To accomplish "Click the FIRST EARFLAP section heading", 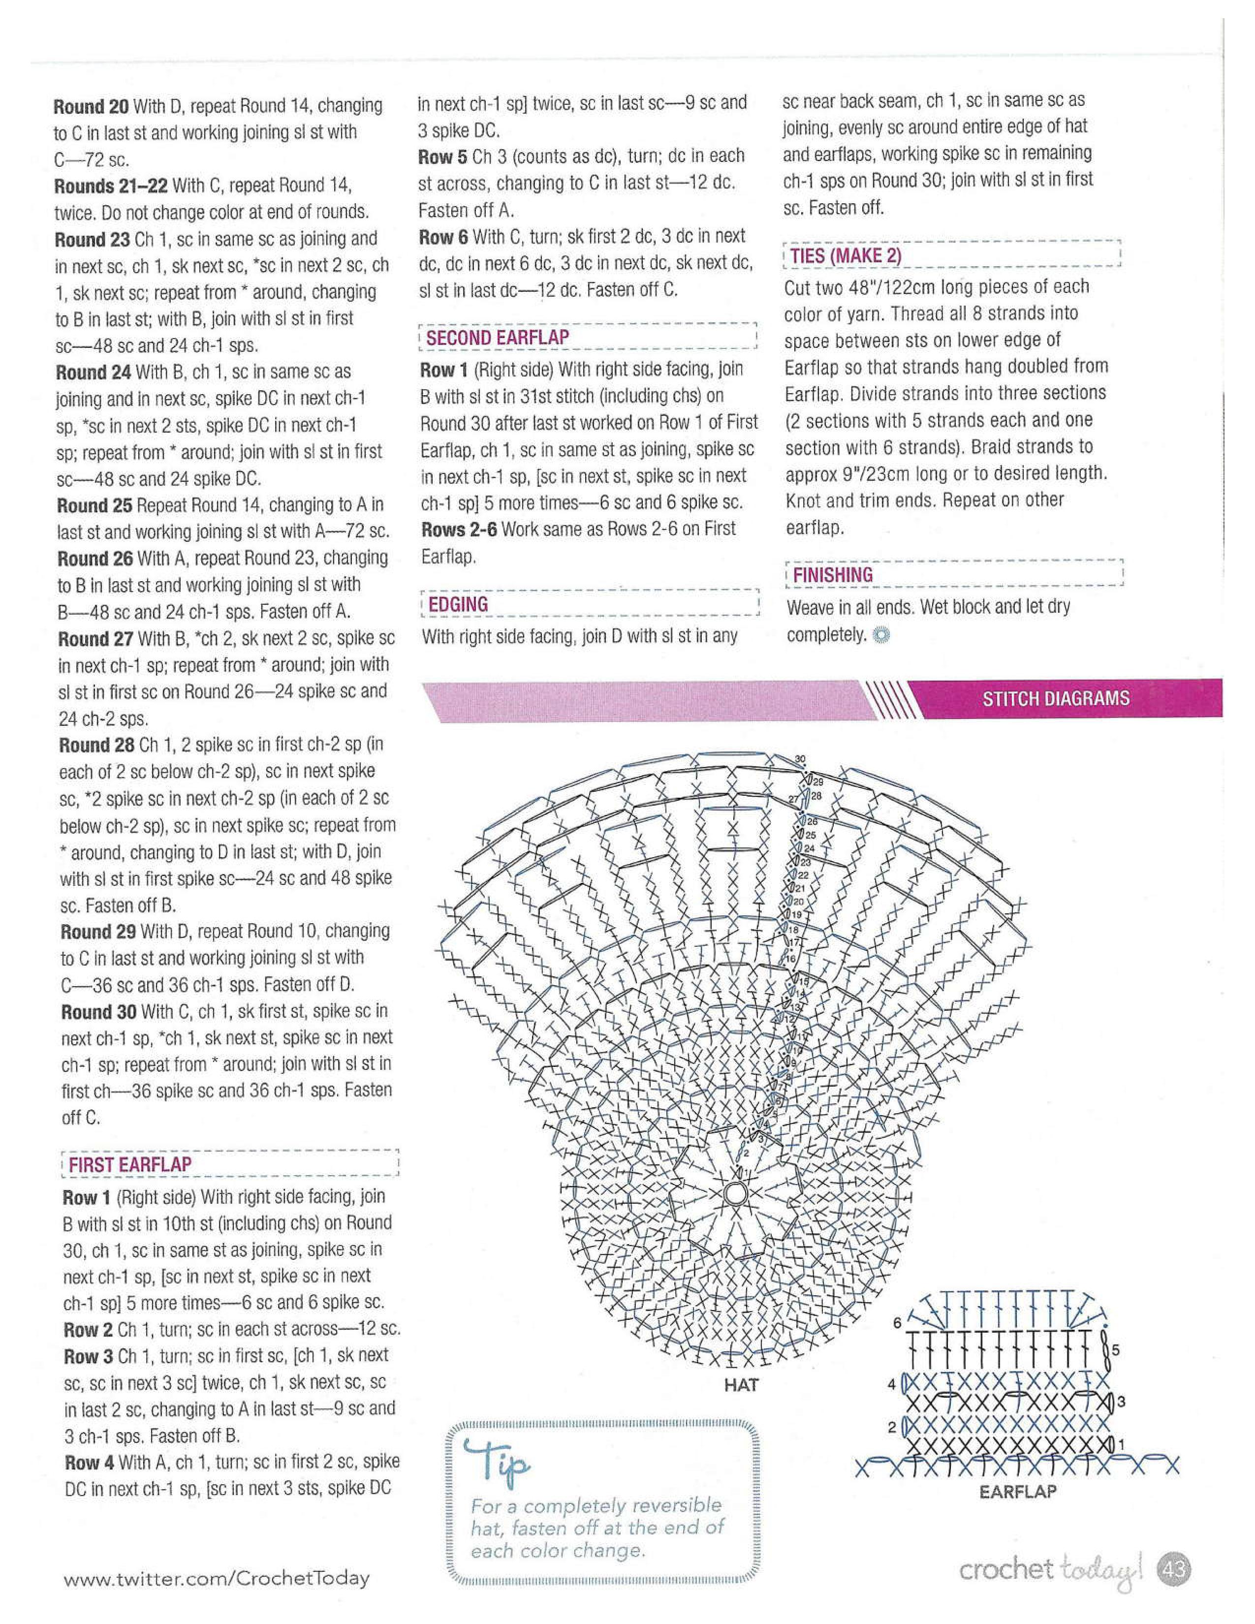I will (x=130, y=1164).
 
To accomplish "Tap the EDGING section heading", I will (x=458, y=604).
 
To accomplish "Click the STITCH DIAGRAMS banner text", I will (x=1056, y=698).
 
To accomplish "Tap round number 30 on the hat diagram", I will (x=800, y=759).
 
